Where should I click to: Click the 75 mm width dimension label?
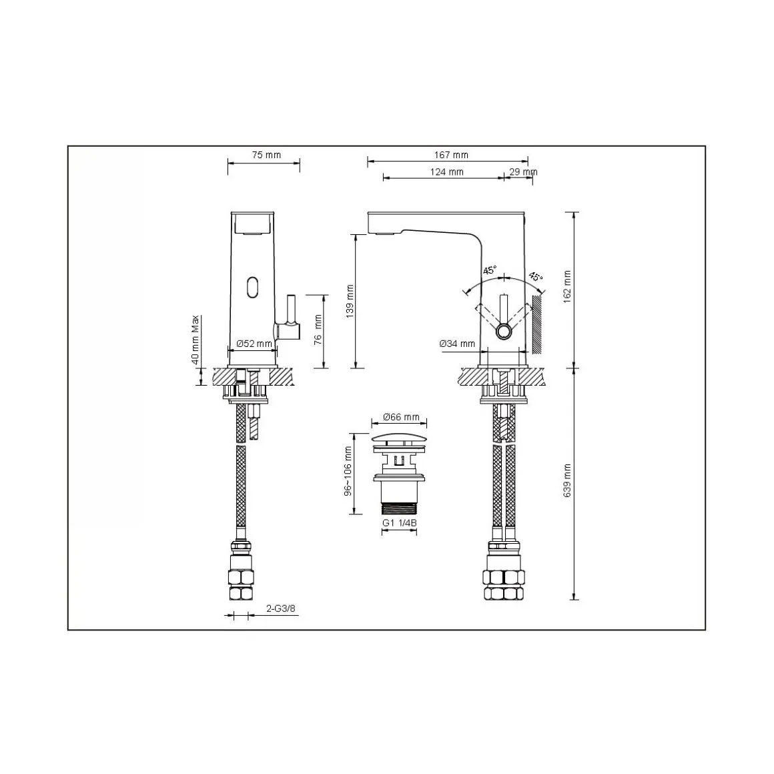266,155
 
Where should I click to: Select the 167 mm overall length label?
452,155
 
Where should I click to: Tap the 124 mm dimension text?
447,172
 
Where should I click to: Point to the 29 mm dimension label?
522,172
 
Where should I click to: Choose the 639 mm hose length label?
567,480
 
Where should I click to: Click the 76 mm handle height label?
318,329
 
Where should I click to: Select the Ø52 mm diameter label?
254,344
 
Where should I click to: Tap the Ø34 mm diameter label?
457,344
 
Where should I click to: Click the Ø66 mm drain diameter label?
401,418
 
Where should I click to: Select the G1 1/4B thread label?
399,524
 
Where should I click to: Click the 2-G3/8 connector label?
280,609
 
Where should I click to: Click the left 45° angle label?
489,270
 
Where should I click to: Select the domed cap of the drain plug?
398,437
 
